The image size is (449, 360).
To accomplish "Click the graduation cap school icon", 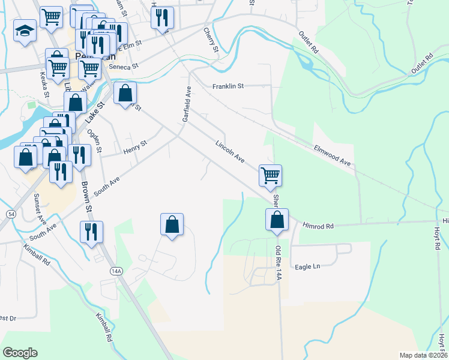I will tap(25, 31).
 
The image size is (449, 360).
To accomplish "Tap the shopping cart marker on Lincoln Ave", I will tap(270, 175).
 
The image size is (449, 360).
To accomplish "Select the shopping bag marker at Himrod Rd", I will tap(277, 220).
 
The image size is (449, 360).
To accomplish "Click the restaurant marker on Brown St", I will tap(91, 232).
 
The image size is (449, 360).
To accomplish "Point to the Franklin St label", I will tap(228, 86).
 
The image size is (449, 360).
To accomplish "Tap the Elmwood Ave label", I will tap(332, 154).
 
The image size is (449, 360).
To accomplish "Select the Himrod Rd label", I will tap(318, 226).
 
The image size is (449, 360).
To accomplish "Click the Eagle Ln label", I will tap(307, 266).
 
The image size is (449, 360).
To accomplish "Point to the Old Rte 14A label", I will tap(278, 259).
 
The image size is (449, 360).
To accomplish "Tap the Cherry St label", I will tap(209, 38).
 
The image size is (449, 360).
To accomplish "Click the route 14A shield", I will tap(116, 271).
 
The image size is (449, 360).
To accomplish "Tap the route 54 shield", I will tap(11, 214).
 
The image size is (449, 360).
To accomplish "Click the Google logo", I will tap(20, 352).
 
